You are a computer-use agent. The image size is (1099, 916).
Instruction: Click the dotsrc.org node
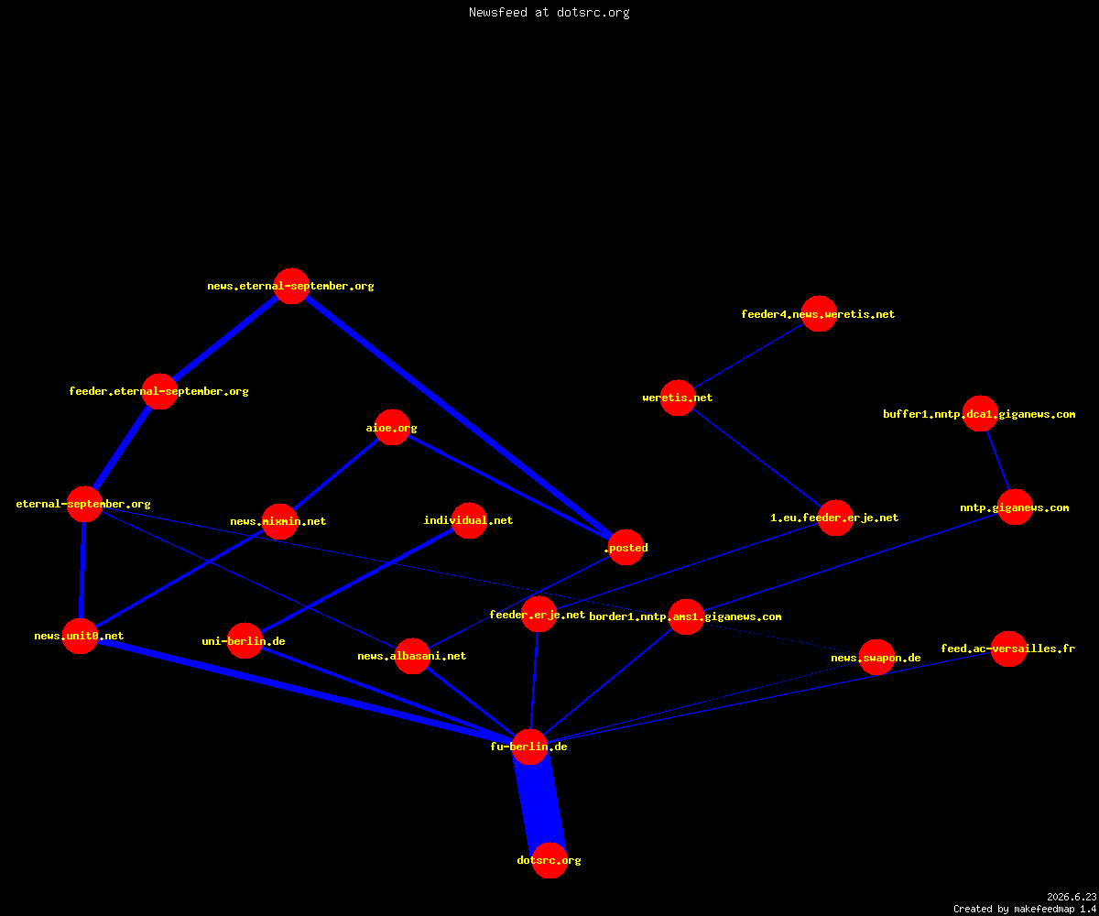549,860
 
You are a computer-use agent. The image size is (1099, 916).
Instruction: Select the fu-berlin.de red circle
529,747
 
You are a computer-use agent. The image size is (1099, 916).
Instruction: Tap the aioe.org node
392,427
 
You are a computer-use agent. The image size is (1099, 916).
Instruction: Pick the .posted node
626,547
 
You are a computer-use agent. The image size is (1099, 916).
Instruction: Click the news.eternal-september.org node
291,286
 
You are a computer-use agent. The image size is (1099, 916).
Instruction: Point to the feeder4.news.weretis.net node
819,314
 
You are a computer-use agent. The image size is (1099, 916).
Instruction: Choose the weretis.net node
678,398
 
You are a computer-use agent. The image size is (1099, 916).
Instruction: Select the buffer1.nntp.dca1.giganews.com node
980,413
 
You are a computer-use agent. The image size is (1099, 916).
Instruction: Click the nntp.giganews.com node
1015,507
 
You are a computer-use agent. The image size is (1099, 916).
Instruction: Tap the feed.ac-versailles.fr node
1008,649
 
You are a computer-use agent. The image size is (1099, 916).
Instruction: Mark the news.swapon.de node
876,657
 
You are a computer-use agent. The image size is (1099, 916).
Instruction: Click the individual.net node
469,520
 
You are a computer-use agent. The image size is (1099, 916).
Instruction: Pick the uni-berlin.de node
245,640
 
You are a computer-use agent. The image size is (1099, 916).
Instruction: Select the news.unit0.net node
80,636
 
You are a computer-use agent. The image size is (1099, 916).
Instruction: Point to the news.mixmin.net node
279,521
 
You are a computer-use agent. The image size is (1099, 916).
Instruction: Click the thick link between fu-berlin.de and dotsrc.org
539,803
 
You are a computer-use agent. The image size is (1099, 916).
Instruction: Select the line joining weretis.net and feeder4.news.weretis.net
748,356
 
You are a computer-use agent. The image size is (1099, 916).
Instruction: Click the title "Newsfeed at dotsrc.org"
549,12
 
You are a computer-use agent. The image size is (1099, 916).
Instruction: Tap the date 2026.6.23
1072,897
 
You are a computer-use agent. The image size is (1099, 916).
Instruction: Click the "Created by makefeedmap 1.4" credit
1025,909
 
